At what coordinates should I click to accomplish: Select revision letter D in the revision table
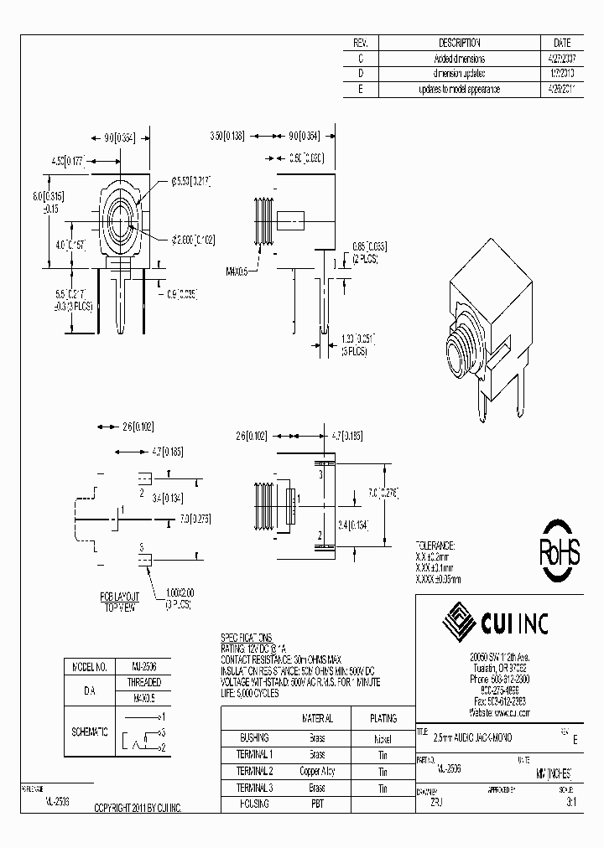361,74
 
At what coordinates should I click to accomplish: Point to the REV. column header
361,43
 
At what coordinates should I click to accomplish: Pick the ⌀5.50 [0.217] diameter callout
190,180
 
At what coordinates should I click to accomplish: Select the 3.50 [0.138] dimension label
226,135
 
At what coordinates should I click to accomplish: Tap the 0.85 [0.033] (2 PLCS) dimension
369,251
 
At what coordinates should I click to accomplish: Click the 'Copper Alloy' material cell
317,771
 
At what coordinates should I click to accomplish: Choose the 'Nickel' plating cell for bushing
383,738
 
